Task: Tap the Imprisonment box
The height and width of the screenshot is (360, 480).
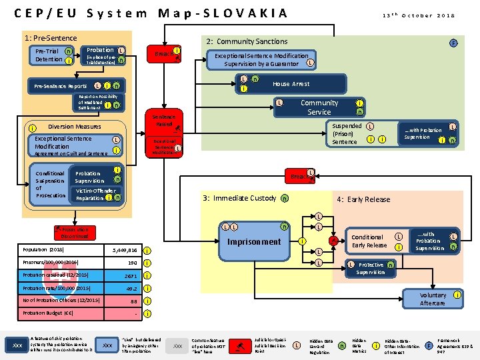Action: [254, 241]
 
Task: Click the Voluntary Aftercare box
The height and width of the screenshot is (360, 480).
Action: [432, 299]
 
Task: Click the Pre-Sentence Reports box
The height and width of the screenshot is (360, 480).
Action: [60, 86]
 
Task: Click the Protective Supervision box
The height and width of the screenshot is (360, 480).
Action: [370, 269]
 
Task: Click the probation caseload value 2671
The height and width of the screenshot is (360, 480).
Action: [129, 275]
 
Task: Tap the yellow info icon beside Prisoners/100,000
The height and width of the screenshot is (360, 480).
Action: [146, 263]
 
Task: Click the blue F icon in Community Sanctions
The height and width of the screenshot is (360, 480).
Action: [453, 43]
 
